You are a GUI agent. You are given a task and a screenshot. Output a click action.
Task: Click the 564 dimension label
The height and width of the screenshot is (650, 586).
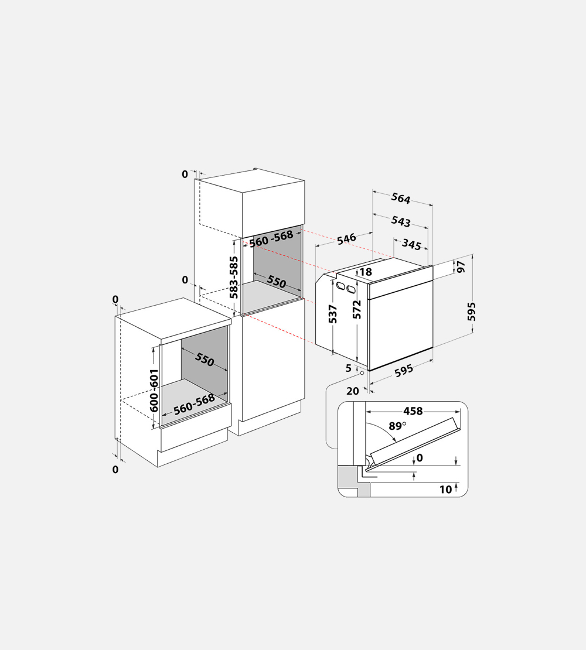pyautogui.click(x=401, y=198)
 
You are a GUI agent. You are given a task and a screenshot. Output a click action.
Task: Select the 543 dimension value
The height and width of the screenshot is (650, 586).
pyautogui.click(x=401, y=221)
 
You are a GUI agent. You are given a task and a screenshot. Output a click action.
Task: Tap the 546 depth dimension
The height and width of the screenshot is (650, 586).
pyautogui.click(x=346, y=239)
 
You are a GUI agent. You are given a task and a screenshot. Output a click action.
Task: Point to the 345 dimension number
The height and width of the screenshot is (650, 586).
pyautogui.click(x=411, y=245)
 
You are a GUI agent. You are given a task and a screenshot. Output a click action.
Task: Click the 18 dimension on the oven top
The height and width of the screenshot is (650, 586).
pyautogui.click(x=366, y=272)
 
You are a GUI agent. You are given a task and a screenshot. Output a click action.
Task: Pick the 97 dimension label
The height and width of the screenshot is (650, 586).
pyautogui.click(x=461, y=267)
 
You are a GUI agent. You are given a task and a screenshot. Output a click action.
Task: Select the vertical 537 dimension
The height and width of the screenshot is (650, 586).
pyautogui.click(x=333, y=314)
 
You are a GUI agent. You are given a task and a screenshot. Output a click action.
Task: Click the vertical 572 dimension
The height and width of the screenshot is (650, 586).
pyautogui.click(x=357, y=310)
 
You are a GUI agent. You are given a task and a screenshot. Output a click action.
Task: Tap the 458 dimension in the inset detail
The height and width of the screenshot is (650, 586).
pyautogui.click(x=413, y=411)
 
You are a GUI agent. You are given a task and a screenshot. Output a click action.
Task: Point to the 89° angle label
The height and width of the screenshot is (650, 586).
pyautogui.click(x=397, y=426)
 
